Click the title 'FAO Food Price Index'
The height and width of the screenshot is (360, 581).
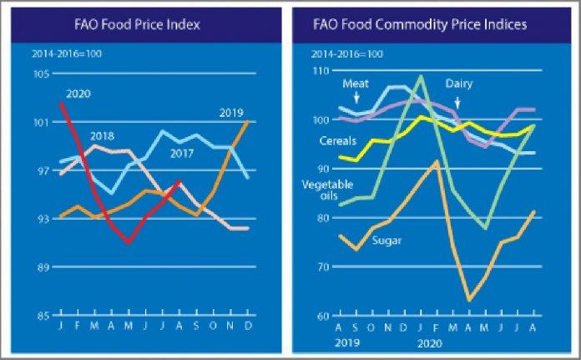[x=148, y=25]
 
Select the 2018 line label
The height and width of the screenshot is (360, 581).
[x=103, y=136]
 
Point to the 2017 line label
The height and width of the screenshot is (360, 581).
[x=183, y=154]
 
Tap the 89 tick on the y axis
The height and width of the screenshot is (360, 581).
[x=43, y=267]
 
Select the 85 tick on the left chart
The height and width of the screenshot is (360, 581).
[x=43, y=316]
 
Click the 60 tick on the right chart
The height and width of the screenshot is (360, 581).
[x=321, y=316]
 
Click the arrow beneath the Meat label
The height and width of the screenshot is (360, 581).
[x=356, y=99]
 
